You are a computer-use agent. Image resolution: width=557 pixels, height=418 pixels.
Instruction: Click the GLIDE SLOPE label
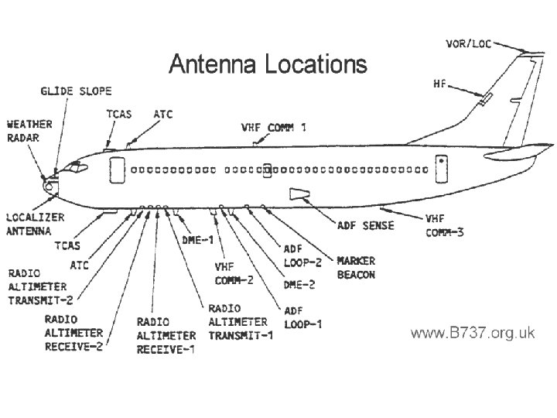point(76,91)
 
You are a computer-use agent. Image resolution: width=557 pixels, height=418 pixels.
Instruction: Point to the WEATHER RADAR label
point(29,130)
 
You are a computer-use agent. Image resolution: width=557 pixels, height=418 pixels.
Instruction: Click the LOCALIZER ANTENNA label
point(36,224)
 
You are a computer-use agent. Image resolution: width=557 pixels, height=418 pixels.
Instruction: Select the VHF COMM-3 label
point(445,226)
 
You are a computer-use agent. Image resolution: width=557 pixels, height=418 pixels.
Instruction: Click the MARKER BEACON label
point(355,269)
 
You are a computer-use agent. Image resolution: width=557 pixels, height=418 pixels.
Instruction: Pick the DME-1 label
point(197,240)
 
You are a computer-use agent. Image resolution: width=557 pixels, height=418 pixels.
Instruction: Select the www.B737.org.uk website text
point(472,333)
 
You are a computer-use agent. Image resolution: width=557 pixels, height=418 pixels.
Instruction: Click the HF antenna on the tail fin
point(485,98)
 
